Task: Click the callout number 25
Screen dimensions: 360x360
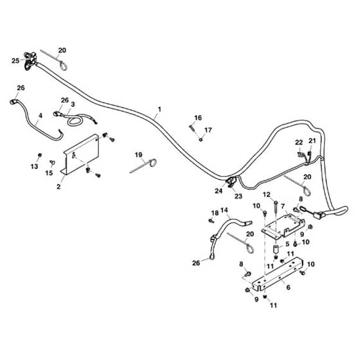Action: [15, 61]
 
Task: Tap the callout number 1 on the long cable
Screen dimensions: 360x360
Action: [159, 109]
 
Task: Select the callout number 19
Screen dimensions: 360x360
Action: [138, 155]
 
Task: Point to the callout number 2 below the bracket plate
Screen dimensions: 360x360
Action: [59, 186]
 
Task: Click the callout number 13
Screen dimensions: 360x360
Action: [35, 166]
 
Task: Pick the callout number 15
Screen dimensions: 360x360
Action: [49, 173]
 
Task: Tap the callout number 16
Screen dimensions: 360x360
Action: [198, 118]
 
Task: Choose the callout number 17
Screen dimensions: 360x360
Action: [208, 130]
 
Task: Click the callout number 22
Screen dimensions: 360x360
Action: [299, 143]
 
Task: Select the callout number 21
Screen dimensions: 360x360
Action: [312, 141]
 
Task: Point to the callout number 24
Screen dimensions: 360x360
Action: [219, 190]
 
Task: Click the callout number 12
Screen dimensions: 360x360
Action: [267, 195]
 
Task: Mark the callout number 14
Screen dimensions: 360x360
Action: [224, 210]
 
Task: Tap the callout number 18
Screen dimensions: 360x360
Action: [215, 213]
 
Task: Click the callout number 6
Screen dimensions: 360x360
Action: [289, 287]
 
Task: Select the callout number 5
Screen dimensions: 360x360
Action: [287, 244]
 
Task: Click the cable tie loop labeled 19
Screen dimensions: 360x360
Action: [153, 163]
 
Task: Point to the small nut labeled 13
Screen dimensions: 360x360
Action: [40, 155]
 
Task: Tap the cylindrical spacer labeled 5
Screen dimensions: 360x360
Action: [276, 249]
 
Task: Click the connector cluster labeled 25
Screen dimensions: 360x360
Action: [30, 61]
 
